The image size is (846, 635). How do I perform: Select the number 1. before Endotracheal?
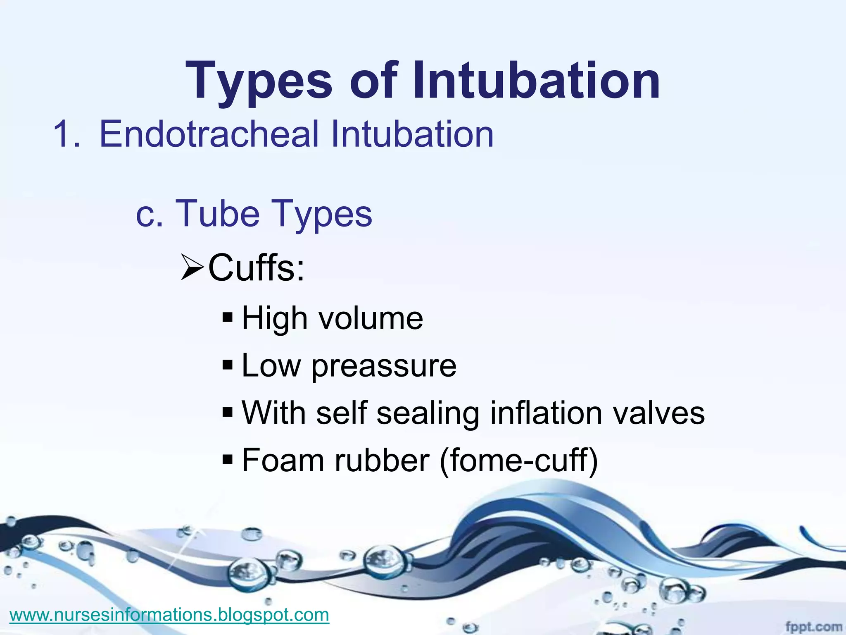point(67,134)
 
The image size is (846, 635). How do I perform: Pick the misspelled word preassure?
point(384,366)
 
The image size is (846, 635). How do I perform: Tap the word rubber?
point(382,460)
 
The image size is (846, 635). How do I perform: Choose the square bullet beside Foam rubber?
point(228,459)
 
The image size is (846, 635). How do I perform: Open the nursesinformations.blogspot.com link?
point(169,615)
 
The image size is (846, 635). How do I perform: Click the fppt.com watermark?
point(813,627)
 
